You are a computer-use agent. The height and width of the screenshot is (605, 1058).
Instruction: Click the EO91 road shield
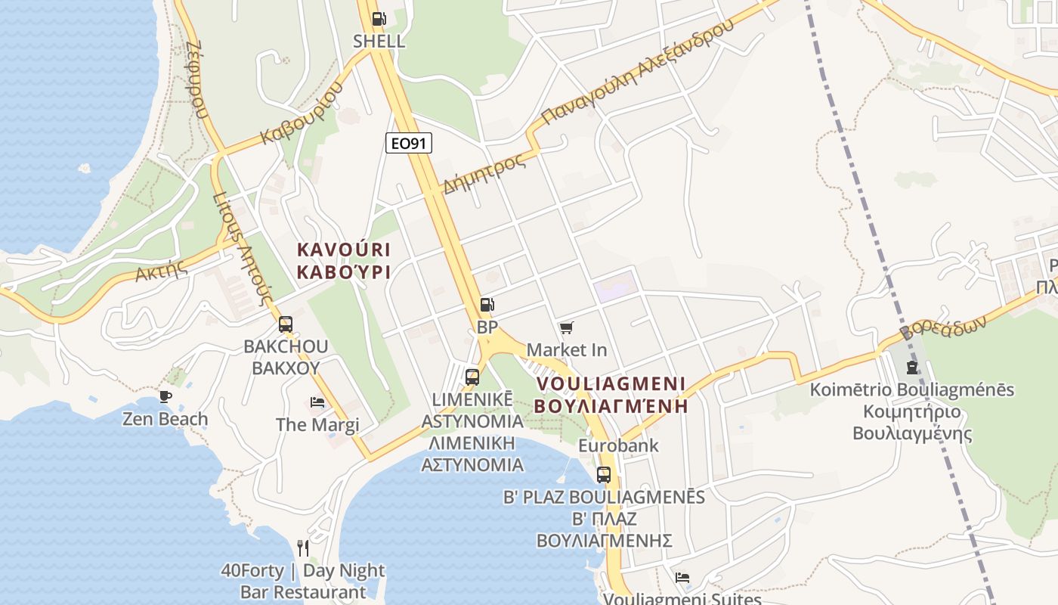(x=409, y=143)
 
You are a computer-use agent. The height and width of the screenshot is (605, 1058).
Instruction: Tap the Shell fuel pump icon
(x=379, y=20)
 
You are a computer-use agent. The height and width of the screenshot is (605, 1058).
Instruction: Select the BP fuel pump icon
(x=487, y=305)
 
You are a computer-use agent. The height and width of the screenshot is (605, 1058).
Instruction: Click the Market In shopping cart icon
(x=566, y=327)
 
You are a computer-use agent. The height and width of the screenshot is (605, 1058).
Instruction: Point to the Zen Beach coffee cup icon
(x=166, y=396)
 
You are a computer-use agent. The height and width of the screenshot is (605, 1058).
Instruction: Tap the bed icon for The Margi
(x=317, y=402)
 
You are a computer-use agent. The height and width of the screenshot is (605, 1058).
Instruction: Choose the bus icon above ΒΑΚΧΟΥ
(x=286, y=324)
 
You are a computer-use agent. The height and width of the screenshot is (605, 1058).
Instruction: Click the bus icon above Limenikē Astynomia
(x=472, y=377)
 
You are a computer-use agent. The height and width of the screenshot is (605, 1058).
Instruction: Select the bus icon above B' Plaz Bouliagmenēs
(x=603, y=475)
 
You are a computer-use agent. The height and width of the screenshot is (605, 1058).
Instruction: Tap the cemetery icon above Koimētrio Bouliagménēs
(x=912, y=368)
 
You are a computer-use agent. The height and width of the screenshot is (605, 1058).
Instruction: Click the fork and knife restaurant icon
(x=303, y=548)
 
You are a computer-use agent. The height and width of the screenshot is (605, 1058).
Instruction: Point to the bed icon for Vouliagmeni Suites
(x=682, y=578)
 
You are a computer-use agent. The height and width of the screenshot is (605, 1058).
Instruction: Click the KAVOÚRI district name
(x=344, y=249)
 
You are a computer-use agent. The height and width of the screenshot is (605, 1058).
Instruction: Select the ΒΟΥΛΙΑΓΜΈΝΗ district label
(x=611, y=405)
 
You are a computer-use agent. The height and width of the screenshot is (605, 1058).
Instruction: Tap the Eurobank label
(x=618, y=446)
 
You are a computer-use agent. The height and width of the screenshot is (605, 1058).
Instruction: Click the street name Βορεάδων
(x=943, y=327)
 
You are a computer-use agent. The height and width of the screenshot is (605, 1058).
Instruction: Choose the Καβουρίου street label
(x=302, y=113)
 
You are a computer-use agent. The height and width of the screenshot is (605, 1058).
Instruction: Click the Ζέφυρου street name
(x=194, y=80)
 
